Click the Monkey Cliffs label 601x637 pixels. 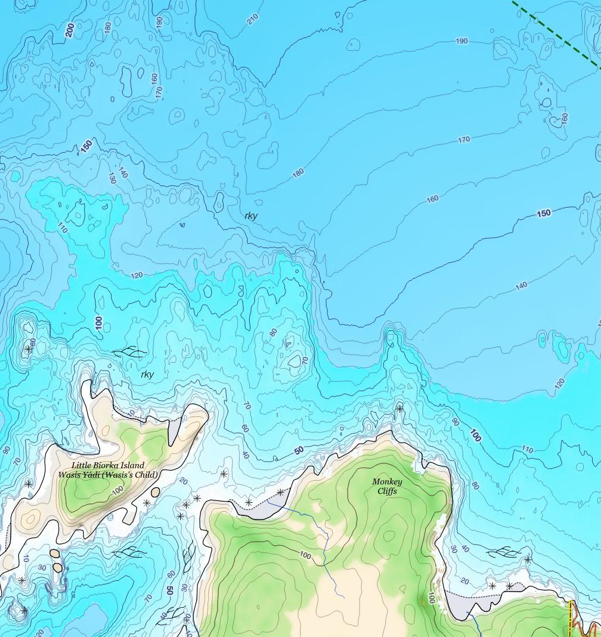(387, 486)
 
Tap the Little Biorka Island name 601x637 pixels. (108, 465)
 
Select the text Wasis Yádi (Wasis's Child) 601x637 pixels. (108, 475)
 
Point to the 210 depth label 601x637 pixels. (253, 19)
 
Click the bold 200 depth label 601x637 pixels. (70, 30)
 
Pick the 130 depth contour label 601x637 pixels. (111, 178)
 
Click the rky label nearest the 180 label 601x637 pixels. (251, 215)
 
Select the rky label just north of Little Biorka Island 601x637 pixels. (147, 375)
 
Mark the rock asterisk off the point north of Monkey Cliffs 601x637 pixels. (399, 409)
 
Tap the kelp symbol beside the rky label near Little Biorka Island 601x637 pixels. (132, 352)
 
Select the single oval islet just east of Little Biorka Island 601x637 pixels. (156, 493)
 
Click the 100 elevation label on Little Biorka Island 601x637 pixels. (117, 489)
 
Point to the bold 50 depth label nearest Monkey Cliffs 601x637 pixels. (299, 450)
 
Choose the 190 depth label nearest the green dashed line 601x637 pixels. (461, 41)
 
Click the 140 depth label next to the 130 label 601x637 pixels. (123, 172)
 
